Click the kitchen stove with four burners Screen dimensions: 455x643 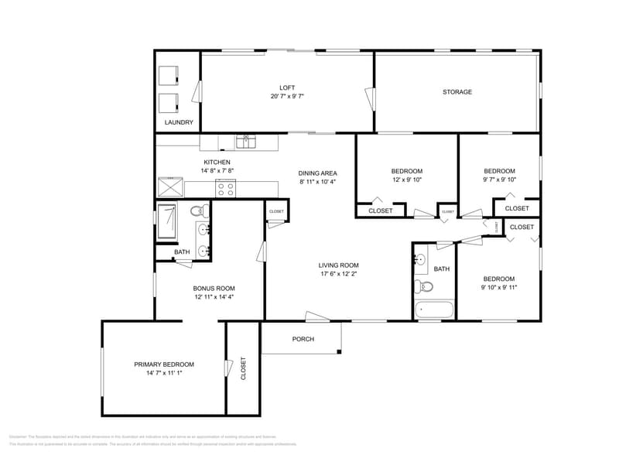226,187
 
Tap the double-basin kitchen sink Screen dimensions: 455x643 246,141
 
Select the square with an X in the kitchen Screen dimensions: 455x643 170,187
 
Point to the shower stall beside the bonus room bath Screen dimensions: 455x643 168,223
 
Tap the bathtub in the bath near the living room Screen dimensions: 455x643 433,310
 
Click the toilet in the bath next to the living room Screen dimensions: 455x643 425,286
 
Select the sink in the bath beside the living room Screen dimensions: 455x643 420,259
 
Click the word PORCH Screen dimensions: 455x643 303,339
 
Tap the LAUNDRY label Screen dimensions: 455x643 179,122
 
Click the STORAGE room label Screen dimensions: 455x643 457,92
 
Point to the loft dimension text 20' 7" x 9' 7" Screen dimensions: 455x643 287,97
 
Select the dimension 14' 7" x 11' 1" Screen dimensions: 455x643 163,372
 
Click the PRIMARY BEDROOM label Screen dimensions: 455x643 163,364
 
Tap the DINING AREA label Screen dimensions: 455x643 317,173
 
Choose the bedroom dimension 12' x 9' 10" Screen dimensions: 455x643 406,180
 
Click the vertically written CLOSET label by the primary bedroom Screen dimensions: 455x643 243,368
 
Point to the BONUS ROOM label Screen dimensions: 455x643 214,288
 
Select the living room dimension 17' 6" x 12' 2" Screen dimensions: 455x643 339,273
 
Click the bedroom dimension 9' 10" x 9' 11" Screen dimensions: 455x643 498,287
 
